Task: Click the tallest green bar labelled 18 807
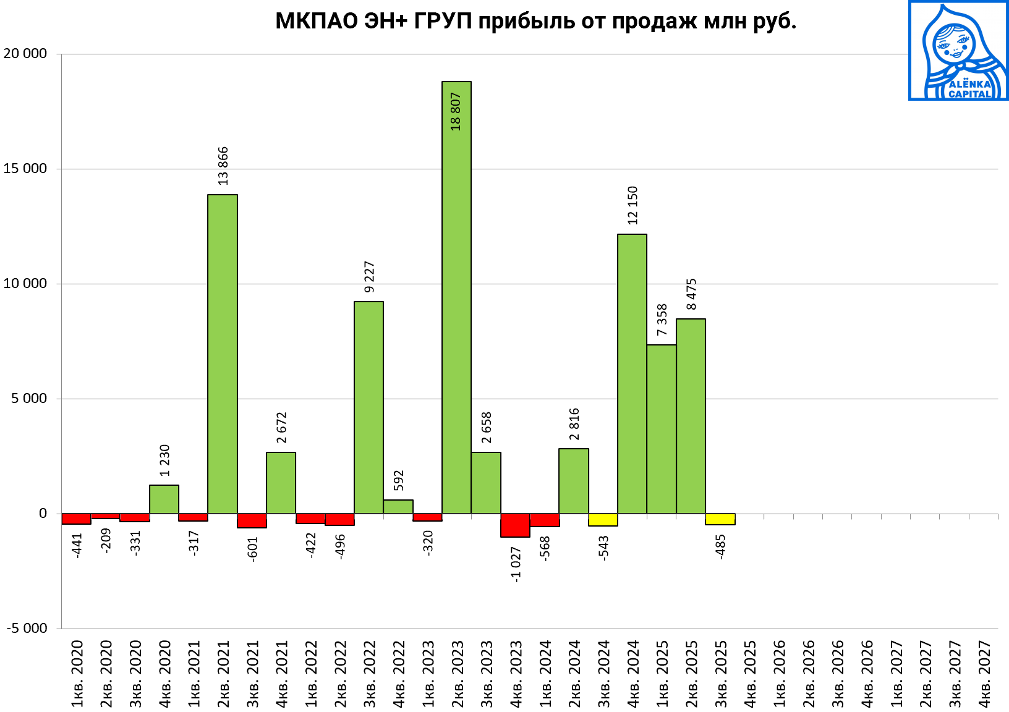[456, 297]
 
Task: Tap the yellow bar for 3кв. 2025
[720, 519]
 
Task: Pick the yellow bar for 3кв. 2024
[603, 520]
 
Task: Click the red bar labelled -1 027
[515, 525]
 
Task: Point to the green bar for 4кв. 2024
[632, 373]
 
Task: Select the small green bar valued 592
[398, 506]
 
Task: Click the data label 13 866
[223, 166]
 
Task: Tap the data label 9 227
[370, 277]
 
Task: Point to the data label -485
[720, 547]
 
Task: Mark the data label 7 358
[662, 320]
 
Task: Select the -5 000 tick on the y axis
[27, 628]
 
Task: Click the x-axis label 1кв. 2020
[77, 674]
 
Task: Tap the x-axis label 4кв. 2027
[984, 674]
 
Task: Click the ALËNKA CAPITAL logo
[958, 50]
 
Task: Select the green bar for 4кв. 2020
[164, 499]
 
